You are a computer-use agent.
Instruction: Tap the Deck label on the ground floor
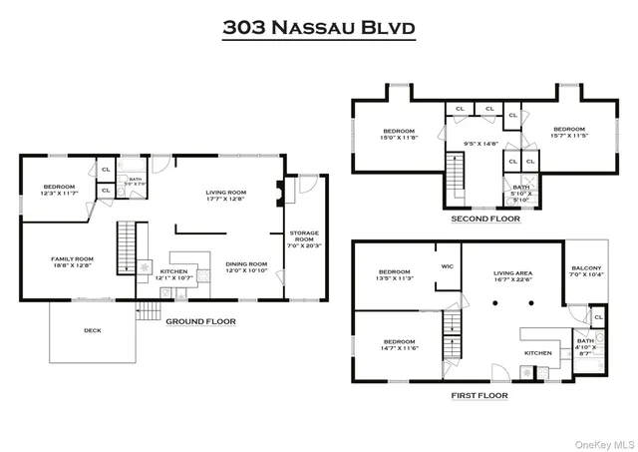point(92,331)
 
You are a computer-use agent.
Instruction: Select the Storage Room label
point(303,237)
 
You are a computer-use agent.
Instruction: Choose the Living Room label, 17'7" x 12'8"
point(226,194)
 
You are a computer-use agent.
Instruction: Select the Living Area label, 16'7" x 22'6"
point(512,275)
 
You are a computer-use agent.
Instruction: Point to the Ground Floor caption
point(200,321)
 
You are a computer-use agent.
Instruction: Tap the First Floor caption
point(479,395)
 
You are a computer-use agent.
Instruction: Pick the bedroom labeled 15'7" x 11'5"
point(569,132)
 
